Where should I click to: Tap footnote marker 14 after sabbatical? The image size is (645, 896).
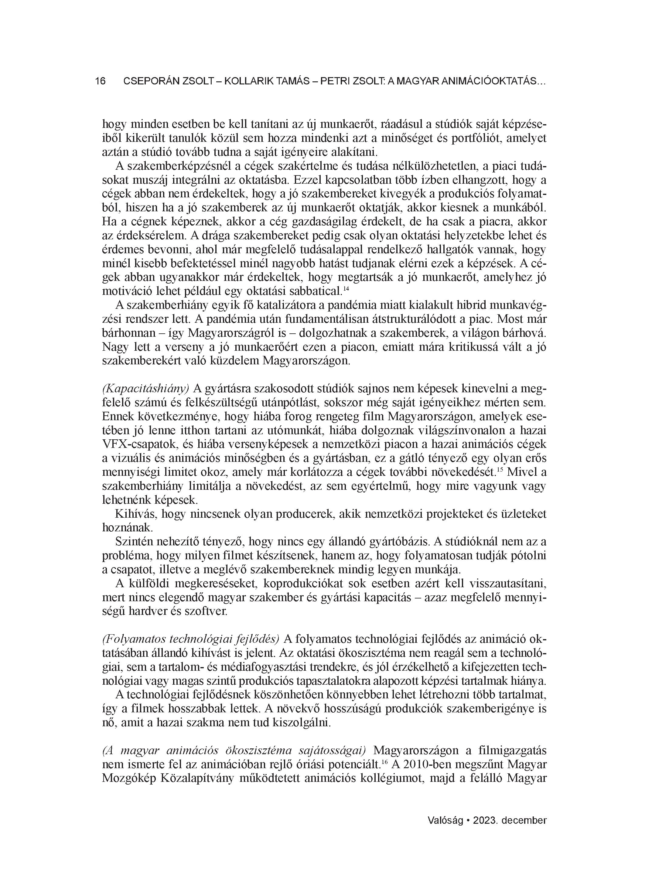click(346, 290)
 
